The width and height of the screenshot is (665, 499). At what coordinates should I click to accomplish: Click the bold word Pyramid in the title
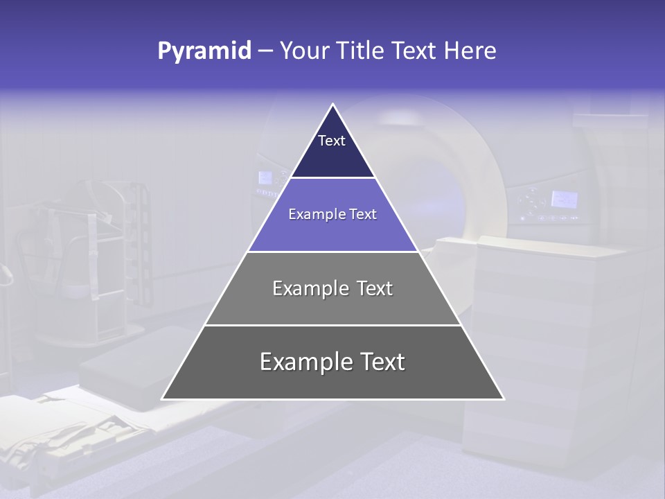tap(204, 51)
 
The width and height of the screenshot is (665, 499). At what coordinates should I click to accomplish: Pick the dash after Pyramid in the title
tap(265, 51)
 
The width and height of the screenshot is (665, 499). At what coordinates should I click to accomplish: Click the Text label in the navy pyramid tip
tap(332, 141)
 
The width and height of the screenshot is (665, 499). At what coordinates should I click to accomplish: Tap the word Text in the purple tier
tap(363, 214)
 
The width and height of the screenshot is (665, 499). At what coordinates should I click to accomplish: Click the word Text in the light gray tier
tap(375, 288)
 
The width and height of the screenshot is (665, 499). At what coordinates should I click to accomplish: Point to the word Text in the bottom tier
tap(382, 362)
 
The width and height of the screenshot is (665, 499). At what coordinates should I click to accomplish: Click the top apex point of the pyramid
tap(333, 105)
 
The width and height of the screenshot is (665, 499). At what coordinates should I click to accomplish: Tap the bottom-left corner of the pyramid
tap(163, 399)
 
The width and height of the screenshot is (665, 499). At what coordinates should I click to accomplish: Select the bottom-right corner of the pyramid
tap(504, 399)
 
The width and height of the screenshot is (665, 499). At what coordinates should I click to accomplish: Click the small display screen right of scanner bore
tap(564, 200)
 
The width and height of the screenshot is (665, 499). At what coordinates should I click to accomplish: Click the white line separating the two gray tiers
tap(332, 325)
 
